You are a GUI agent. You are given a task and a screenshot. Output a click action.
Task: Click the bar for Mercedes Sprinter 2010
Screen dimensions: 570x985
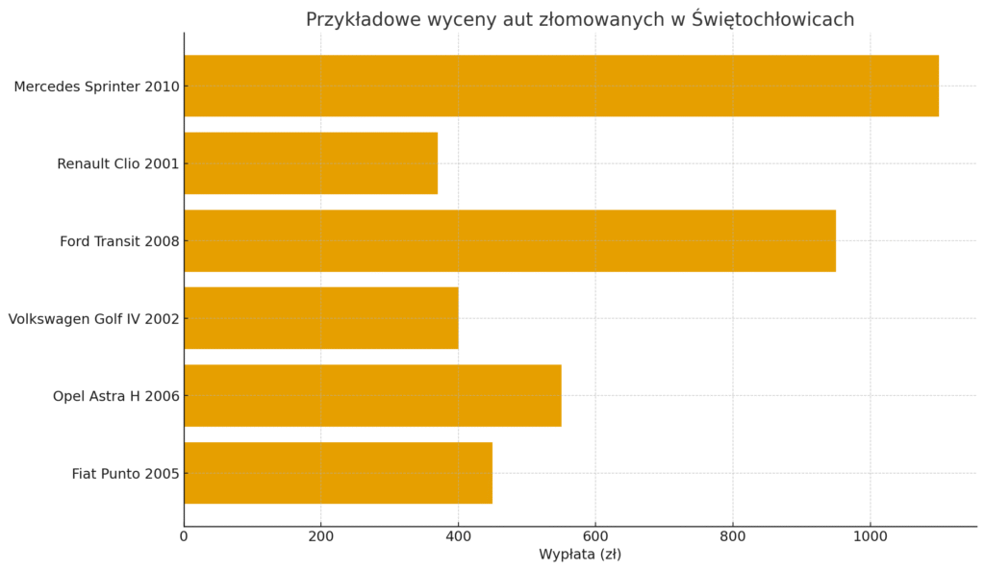pos(561,86)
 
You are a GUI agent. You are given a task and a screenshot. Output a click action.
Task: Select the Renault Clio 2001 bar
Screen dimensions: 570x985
pos(311,163)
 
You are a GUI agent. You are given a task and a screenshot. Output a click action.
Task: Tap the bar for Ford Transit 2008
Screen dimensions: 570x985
pos(510,240)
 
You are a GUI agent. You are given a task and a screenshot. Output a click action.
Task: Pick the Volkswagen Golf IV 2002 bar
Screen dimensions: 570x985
pos(320,318)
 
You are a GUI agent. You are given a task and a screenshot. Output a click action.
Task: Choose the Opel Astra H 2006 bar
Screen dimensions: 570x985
pos(372,395)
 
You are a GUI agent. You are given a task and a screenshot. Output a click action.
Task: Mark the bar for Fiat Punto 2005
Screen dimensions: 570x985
pos(338,473)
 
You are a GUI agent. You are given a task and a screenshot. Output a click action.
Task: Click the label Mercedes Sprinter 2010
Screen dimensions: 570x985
pos(96,87)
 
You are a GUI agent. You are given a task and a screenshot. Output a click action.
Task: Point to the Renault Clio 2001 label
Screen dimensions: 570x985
pos(117,164)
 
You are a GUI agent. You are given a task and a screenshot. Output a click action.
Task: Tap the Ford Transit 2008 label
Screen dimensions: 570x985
pos(119,241)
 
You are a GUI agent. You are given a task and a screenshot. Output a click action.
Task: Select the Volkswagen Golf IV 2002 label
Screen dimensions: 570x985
pos(93,319)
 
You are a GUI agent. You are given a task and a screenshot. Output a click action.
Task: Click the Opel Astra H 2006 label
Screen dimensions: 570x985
pos(115,396)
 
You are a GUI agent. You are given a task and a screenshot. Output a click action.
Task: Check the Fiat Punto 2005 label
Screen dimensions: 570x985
pos(125,474)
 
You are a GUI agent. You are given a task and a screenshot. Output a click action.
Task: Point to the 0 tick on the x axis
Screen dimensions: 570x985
pos(184,536)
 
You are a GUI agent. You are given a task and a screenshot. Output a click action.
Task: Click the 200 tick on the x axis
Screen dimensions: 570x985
pos(320,536)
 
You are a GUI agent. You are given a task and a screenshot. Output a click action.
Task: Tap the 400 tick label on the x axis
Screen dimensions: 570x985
pos(458,536)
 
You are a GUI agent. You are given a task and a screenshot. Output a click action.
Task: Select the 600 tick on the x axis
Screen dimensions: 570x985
pos(595,536)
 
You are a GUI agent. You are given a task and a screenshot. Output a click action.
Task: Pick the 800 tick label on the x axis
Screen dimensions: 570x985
pos(733,536)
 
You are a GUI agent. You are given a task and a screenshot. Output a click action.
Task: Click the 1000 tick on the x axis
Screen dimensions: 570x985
pos(871,536)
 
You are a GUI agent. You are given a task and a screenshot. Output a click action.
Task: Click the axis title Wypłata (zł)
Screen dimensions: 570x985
pos(580,555)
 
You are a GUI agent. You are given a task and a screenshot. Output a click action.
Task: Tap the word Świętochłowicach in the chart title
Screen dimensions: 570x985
pos(772,19)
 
